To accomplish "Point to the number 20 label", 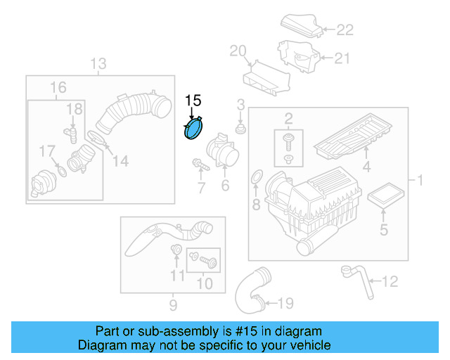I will pyautogui.click(x=238, y=51).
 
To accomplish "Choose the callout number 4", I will pyautogui.click(x=366, y=167).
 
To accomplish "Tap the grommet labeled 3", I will pyautogui.click(x=240, y=129).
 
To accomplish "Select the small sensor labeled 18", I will pyautogui.click(x=71, y=131).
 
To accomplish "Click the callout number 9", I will pyautogui.click(x=172, y=304).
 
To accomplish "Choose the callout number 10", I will pyautogui.click(x=205, y=284).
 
